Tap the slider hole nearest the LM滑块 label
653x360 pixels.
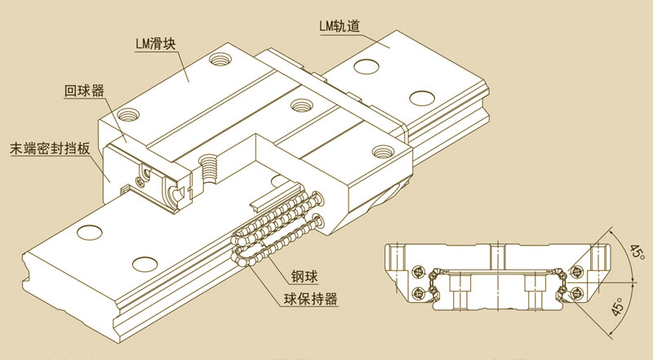click(x=219, y=59)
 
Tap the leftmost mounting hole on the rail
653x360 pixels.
click(x=84, y=233)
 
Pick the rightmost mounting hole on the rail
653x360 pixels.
click(x=421, y=98)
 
